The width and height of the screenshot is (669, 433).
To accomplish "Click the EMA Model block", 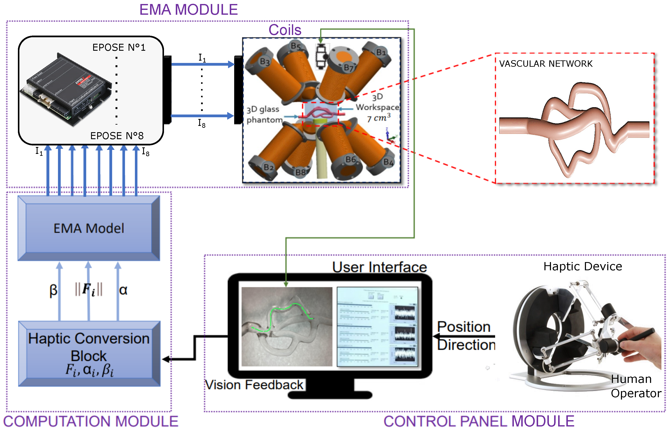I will [89, 228].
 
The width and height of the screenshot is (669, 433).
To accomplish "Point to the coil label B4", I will [388, 162].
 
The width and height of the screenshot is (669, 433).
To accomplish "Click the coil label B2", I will [269, 167].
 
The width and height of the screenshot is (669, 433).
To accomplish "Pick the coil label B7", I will [349, 67].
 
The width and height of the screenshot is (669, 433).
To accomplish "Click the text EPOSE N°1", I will [119, 47].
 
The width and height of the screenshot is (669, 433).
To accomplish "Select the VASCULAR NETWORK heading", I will [546, 64].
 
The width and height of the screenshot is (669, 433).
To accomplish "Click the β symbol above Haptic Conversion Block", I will [53, 290].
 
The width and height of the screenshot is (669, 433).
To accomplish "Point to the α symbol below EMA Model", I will [123, 290].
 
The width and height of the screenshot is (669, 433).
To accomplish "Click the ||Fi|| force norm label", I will [89, 289].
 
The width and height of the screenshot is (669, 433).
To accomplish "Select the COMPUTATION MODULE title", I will [90, 421].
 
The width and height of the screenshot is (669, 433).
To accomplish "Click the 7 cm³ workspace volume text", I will [379, 118].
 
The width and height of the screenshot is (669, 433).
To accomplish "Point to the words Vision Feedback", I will [254, 385].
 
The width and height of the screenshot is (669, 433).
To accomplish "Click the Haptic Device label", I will [582, 266].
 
